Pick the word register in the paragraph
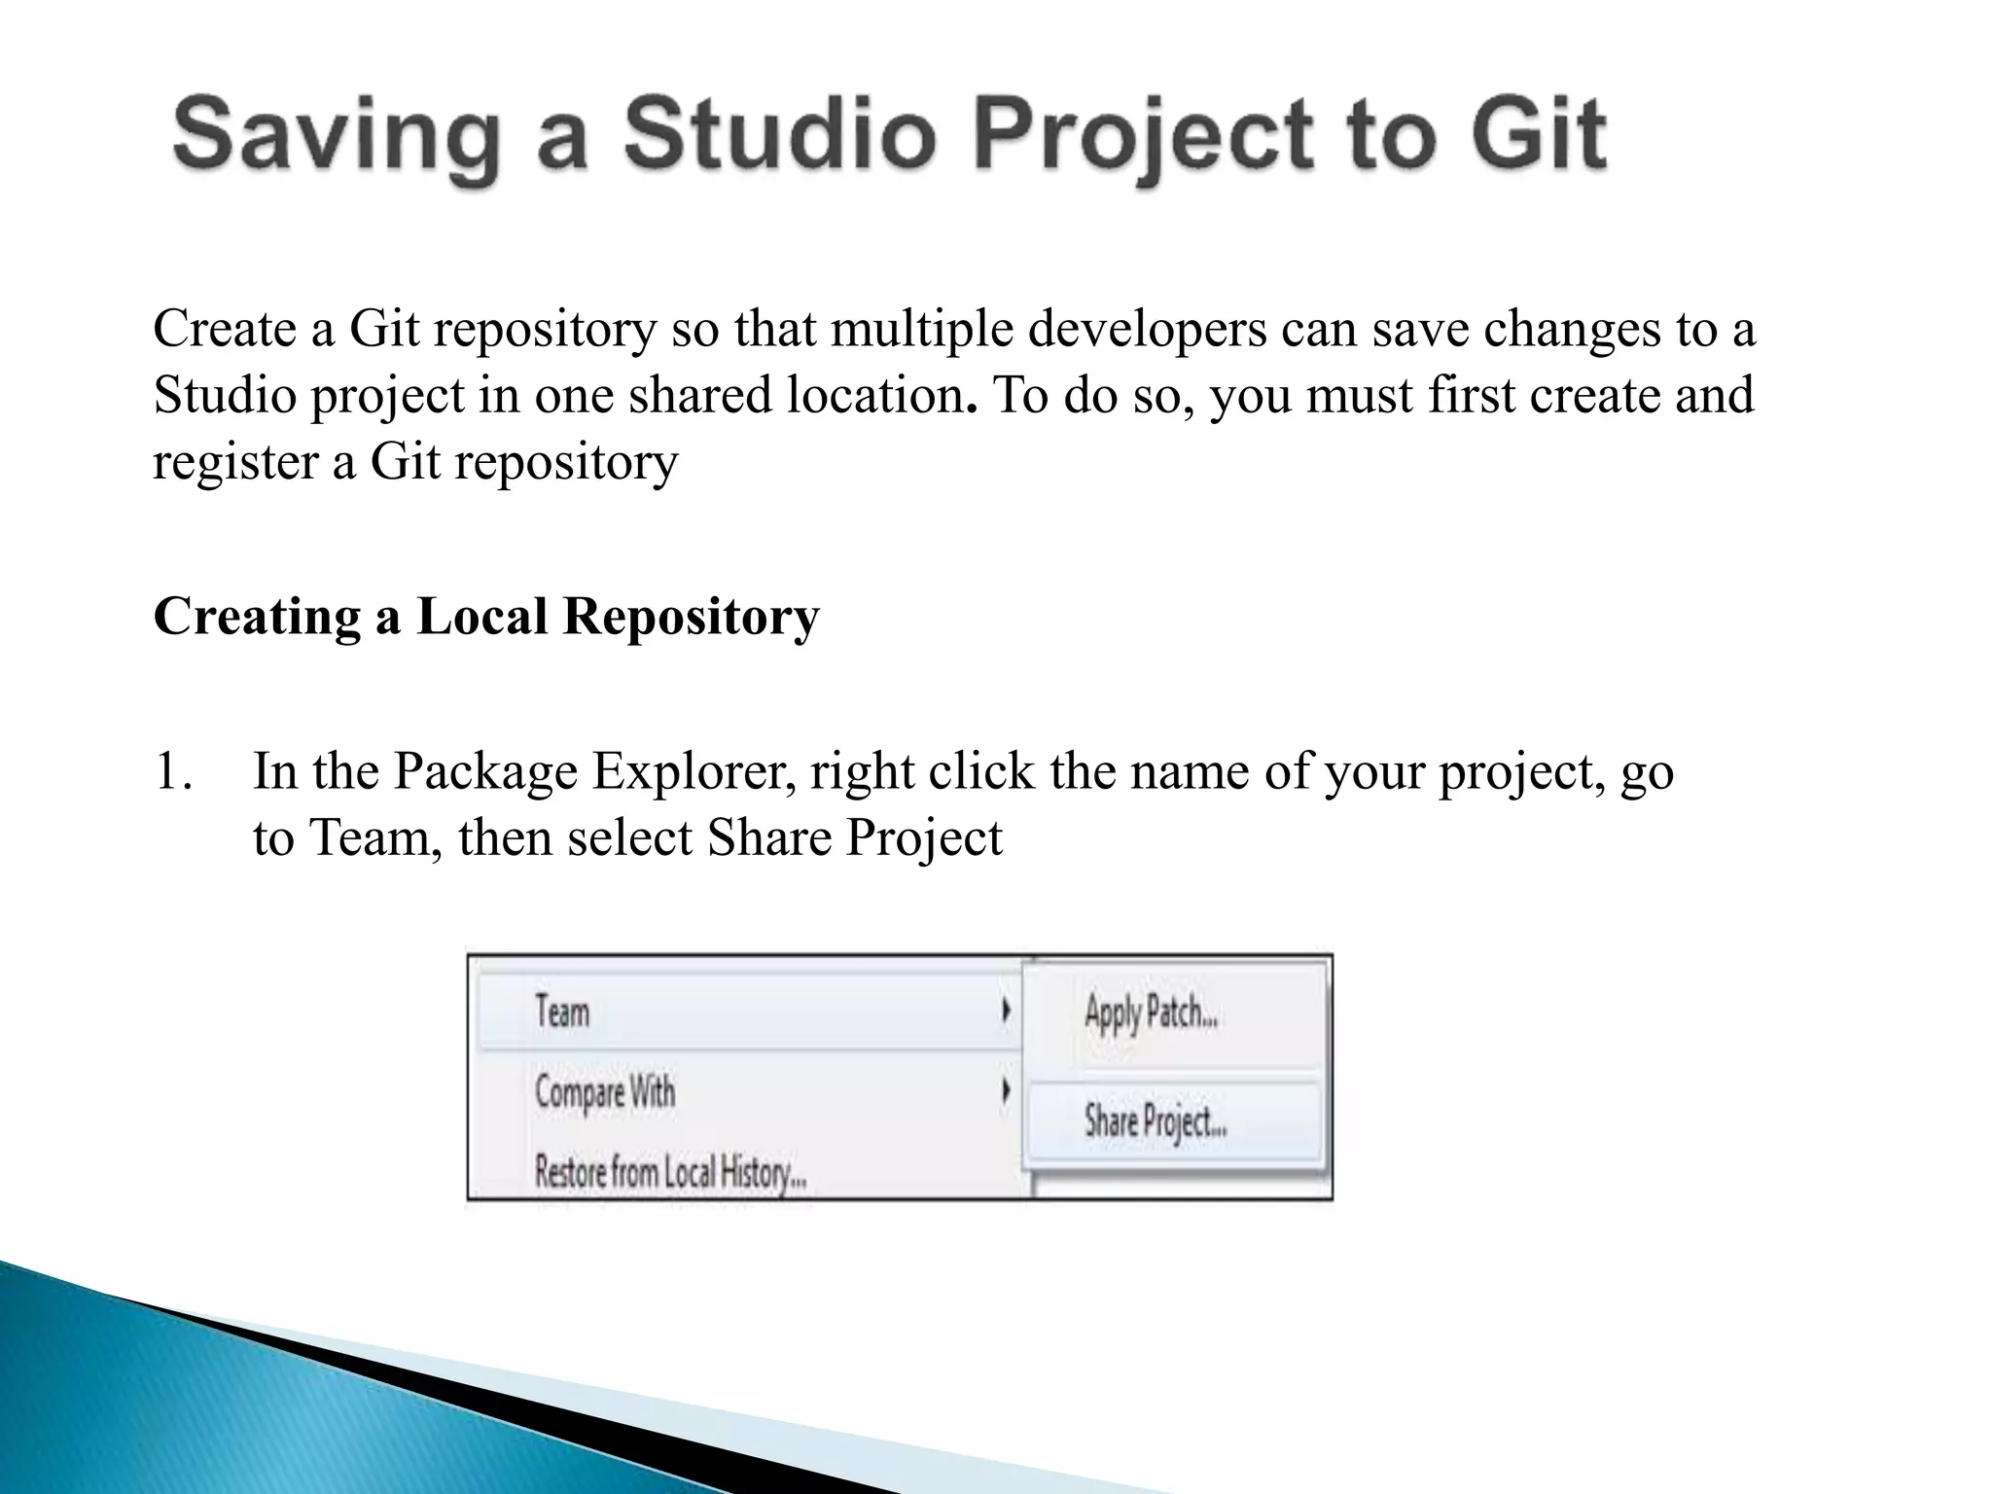click(233, 461)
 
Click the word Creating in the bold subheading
click(256, 617)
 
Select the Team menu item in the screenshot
click(562, 1012)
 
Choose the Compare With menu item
click(604, 1091)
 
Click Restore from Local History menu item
click(670, 1171)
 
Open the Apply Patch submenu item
click(1151, 1013)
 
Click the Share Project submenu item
click(1155, 1121)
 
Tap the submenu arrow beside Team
click(1006, 1012)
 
